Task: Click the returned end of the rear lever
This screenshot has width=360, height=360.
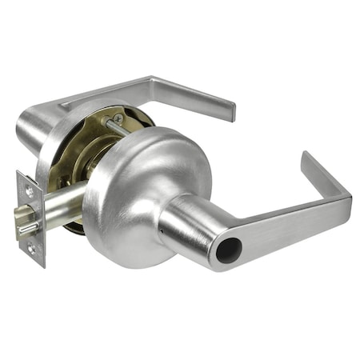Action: tap(230, 110)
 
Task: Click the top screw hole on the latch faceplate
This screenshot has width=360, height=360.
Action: tap(30, 192)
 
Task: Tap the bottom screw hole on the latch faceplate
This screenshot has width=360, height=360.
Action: tap(32, 248)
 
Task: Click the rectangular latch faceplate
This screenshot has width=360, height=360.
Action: tap(31, 219)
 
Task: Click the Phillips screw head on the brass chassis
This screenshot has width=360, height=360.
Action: tap(118, 118)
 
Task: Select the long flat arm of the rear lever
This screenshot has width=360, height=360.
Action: tap(160, 92)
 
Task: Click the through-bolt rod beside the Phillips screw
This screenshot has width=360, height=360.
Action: tap(112, 128)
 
